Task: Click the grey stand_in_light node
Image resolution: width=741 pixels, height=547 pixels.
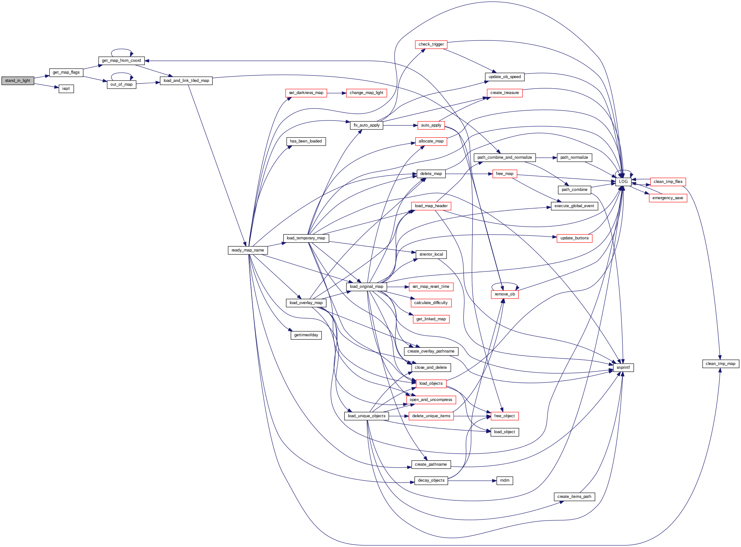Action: click(x=18, y=80)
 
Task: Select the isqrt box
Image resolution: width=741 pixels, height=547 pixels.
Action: click(x=66, y=89)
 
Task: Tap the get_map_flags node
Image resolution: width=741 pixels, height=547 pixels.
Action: click(x=66, y=72)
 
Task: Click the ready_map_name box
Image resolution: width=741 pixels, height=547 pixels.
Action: click(x=248, y=250)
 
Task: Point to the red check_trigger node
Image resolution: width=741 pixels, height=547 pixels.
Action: click(x=431, y=44)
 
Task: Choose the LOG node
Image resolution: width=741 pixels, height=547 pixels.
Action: click(x=623, y=182)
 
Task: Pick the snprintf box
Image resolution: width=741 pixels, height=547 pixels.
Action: click(x=623, y=368)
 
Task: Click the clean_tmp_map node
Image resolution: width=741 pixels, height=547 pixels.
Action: click(x=720, y=364)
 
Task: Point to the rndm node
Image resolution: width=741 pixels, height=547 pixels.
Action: click(x=505, y=480)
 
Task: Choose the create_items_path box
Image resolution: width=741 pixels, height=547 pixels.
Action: click(x=574, y=497)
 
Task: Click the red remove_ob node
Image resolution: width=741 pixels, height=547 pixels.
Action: click(x=504, y=294)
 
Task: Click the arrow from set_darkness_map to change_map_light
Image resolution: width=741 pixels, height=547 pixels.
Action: click(x=336, y=93)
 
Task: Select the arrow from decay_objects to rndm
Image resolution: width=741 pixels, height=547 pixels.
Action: click(x=472, y=480)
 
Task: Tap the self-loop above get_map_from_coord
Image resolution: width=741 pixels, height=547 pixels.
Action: click(x=121, y=50)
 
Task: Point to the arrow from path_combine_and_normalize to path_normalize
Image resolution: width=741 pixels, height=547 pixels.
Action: click(x=546, y=158)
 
